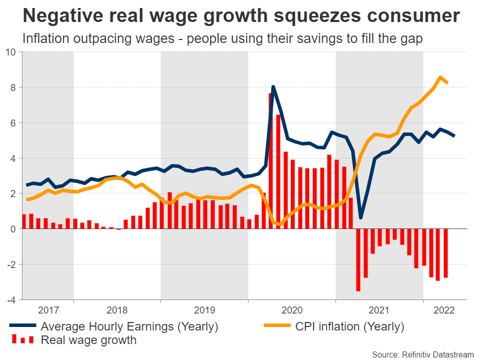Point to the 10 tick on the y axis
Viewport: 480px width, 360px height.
(x=11, y=52)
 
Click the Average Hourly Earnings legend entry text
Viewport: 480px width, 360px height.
(x=129, y=327)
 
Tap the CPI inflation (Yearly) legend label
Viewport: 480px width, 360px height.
(x=349, y=327)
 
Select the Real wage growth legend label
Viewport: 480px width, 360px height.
(x=88, y=340)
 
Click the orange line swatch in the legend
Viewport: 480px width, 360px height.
(x=278, y=327)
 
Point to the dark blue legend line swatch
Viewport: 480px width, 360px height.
(x=22, y=327)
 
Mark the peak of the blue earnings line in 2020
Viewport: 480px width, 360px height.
(x=273, y=87)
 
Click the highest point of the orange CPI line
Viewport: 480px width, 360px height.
(x=439, y=77)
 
